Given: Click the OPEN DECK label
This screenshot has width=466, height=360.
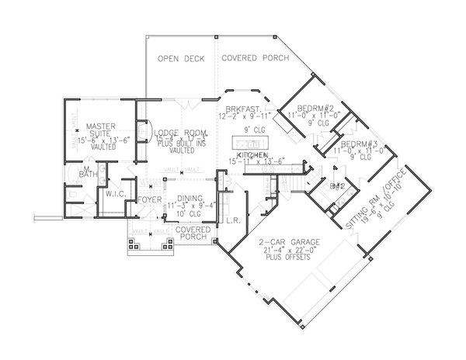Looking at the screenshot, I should coord(181,59).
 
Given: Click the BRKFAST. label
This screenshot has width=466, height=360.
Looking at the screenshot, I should coord(245,109).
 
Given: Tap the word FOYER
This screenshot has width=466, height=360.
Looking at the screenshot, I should coord(149,199).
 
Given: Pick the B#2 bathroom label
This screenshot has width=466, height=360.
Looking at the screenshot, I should coord(337,187).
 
